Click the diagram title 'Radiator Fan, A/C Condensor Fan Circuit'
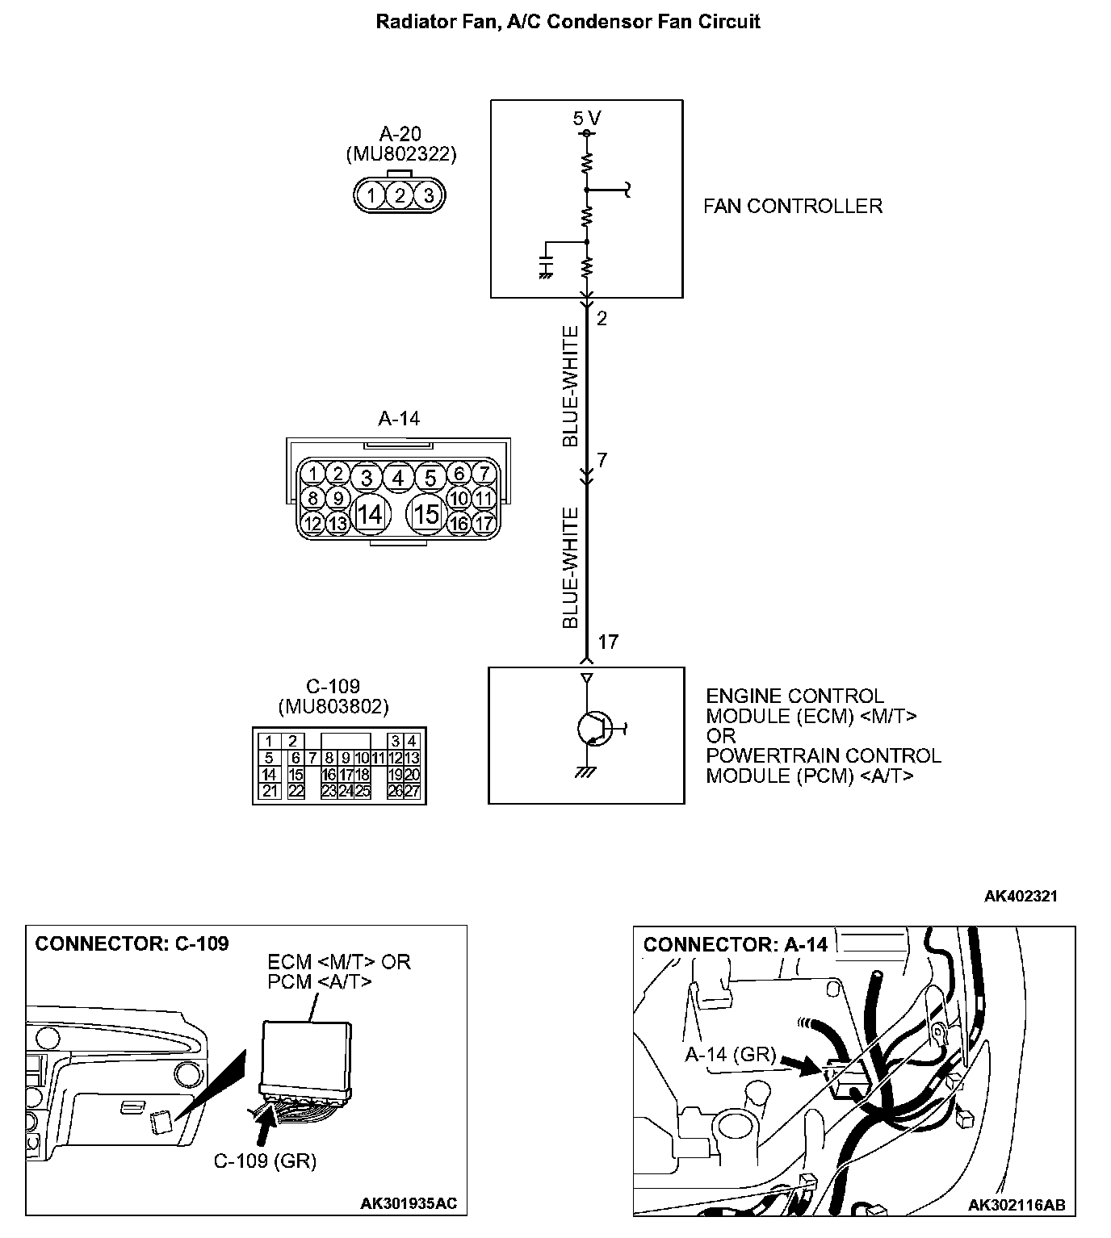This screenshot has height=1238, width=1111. point(568,22)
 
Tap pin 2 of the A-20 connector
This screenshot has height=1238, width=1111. point(400,194)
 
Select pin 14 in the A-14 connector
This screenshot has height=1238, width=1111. point(370,513)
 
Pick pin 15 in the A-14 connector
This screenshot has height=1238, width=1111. point(426,513)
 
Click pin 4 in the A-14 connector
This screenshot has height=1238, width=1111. point(397,478)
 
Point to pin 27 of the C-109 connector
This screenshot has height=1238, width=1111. point(412,792)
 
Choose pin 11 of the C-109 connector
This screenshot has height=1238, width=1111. point(378,758)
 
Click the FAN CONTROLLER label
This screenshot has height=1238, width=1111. point(792,206)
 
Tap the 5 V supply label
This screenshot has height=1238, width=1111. point(586,119)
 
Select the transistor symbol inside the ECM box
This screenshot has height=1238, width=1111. point(593,728)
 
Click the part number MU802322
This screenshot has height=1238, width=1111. point(400,153)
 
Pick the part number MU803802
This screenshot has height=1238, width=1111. point(333,707)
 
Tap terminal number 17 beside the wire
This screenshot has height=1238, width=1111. point(608,642)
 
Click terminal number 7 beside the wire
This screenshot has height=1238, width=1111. point(602,461)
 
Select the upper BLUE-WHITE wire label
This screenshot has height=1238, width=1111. point(571,386)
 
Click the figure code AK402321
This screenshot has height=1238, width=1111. point(1021,896)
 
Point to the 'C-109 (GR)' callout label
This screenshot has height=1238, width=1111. point(265,1161)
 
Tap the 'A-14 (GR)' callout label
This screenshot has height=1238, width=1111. point(730,1055)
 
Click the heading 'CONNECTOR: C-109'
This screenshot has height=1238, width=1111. point(132,943)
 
